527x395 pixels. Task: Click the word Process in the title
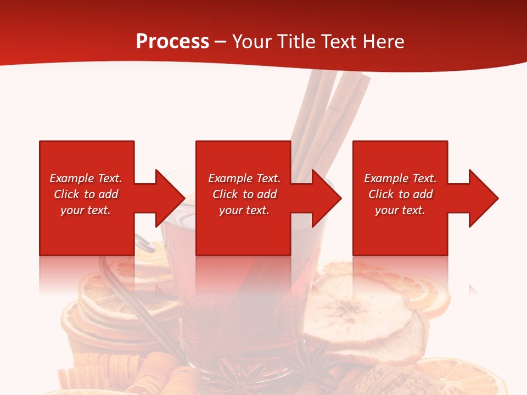click(172, 42)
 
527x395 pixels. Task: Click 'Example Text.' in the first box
click(86, 178)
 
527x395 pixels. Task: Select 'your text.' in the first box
click(86, 210)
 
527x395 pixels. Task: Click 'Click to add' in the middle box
click(244, 194)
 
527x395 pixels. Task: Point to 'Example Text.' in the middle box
click(244, 178)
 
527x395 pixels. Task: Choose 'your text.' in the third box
click(400, 210)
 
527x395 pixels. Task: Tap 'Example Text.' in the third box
click(400, 178)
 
